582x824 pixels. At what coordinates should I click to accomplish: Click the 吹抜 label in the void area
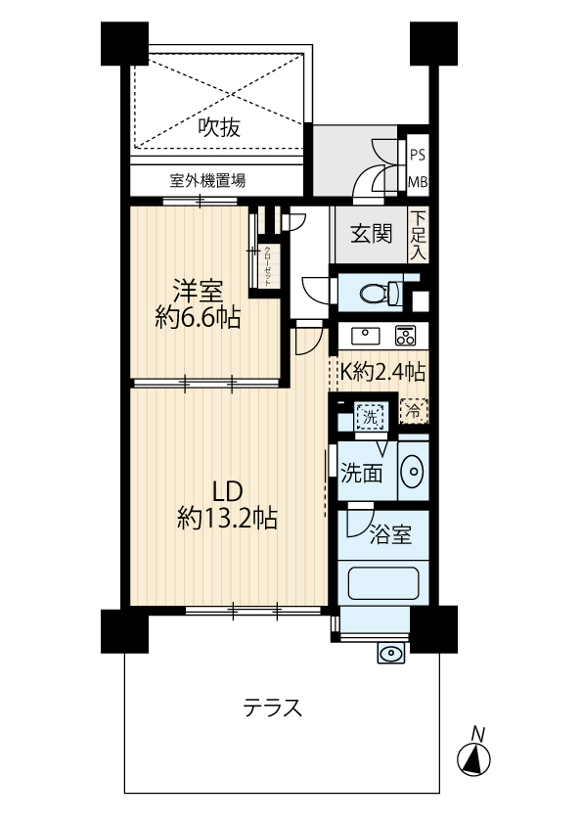219,127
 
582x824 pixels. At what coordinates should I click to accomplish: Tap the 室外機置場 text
207,181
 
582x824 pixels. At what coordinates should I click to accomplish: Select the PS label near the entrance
418,156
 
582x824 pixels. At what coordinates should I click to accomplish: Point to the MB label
418,182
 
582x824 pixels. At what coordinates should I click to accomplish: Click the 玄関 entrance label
372,234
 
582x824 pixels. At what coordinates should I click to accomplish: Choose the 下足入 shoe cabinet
418,235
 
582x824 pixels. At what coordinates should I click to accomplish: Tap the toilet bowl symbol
381,293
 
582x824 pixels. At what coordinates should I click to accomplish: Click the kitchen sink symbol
366,336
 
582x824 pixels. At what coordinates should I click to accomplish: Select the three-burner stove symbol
405,336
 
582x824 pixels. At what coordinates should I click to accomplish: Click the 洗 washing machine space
371,418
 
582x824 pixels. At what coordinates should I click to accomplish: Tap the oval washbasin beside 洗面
411,471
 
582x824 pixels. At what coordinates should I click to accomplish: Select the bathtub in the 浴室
384,583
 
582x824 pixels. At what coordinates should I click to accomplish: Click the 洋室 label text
198,292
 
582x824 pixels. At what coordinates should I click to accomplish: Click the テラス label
272,709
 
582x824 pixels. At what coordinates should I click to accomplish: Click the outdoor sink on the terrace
391,653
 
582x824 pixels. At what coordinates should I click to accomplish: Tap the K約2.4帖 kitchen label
382,372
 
